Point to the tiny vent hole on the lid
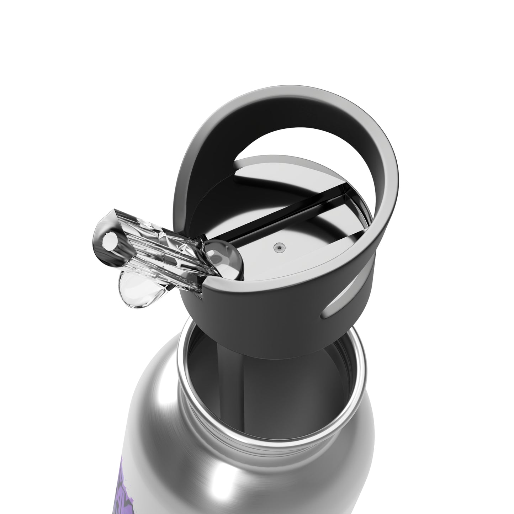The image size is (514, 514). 279,246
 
